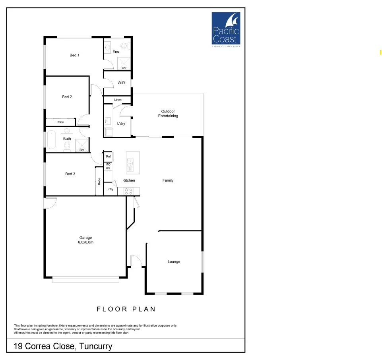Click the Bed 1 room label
(74, 55)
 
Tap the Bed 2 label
(67, 97)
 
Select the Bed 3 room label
(70, 174)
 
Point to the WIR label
(121, 83)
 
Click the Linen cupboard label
(118, 100)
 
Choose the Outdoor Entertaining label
(168, 114)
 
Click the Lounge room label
(174, 261)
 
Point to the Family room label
(168, 180)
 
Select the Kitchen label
(129, 180)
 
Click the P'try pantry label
(110, 189)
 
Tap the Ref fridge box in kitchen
(108, 157)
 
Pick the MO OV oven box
(108, 166)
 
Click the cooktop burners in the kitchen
(128, 191)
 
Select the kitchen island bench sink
(130, 163)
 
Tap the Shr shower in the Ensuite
(124, 64)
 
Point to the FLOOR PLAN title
(126, 309)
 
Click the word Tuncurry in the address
(96, 346)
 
